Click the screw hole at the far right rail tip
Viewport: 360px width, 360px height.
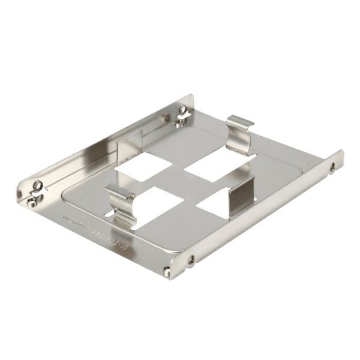330,168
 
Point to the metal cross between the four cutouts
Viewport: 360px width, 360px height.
180,183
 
